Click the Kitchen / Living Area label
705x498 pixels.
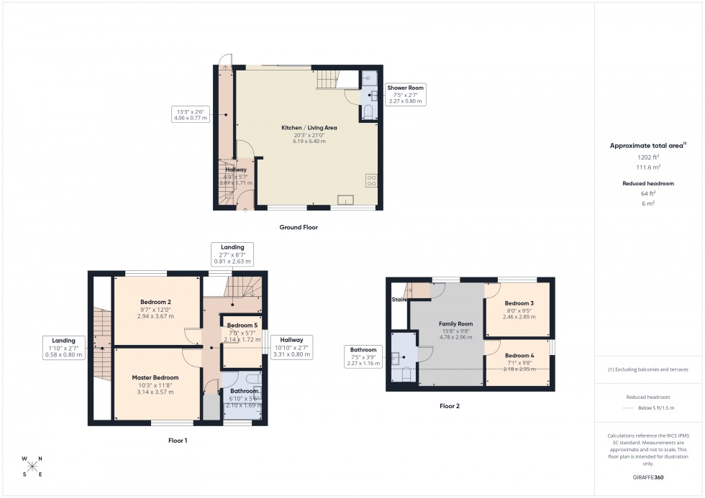(x=309, y=128)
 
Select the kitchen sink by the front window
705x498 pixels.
(x=345, y=200)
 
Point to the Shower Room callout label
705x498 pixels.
(x=406, y=88)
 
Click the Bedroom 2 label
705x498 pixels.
(x=155, y=301)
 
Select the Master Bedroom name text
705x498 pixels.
(x=155, y=377)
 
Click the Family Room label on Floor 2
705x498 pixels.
(x=455, y=324)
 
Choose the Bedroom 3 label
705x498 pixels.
(x=519, y=303)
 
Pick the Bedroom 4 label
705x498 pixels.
(x=519, y=356)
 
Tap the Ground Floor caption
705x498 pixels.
(x=299, y=227)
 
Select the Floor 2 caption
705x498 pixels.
(x=450, y=406)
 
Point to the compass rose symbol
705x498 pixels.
(x=32, y=466)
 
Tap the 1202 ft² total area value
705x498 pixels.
(x=648, y=157)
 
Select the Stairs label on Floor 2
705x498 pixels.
(x=399, y=299)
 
